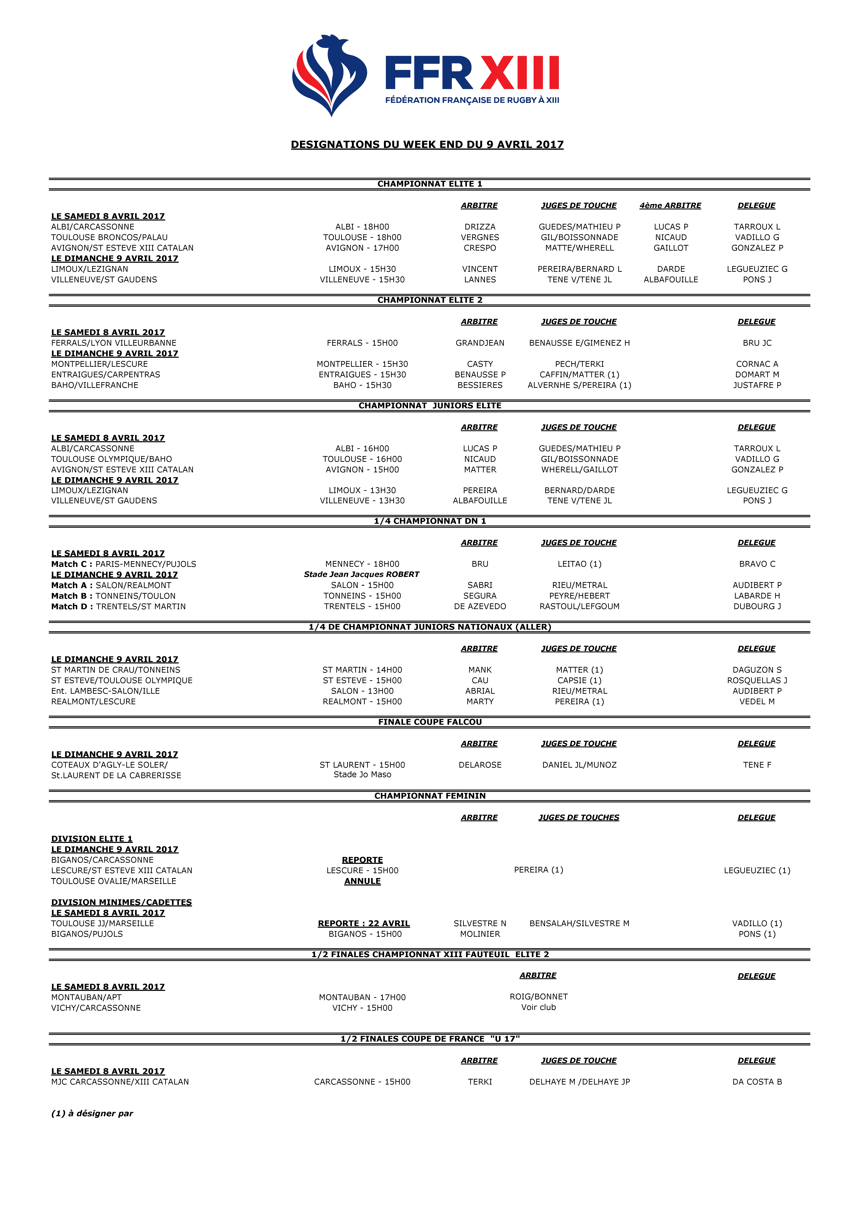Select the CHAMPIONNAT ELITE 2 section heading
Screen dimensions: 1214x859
[x=429, y=300]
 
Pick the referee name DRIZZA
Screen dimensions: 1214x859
[x=480, y=227]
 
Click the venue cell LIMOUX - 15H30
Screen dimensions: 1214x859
[x=362, y=269]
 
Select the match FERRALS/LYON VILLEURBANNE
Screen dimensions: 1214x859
[x=114, y=343]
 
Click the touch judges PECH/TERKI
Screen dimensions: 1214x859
[x=579, y=364]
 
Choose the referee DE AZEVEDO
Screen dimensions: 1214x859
[x=480, y=606]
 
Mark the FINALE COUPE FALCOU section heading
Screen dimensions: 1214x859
[x=429, y=722]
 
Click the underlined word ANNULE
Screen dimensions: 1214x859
[x=362, y=881]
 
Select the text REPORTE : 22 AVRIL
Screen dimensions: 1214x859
[x=363, y=923]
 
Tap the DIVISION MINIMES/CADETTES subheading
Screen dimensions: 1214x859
[x=121, y=902]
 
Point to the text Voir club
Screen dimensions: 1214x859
[x=538, y=1007]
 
